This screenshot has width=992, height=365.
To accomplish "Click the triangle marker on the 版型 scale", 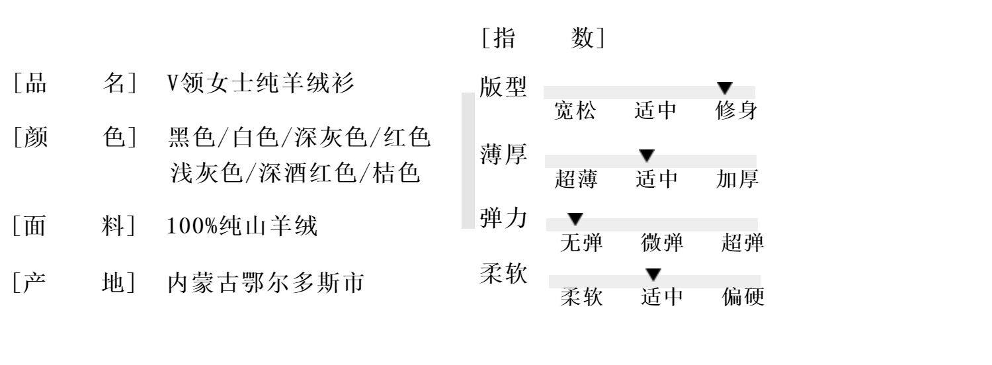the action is point(725,88).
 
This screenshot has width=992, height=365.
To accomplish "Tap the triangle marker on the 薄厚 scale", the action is point(647,156).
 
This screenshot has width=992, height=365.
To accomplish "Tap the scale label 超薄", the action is point(576,179).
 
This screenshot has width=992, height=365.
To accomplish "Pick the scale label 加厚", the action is point(737,179).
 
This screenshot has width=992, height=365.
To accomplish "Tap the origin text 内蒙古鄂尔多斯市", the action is point(265,283).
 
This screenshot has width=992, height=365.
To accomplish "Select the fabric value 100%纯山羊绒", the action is point(242,226).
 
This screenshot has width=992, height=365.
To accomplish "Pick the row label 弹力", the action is point(503,218).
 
